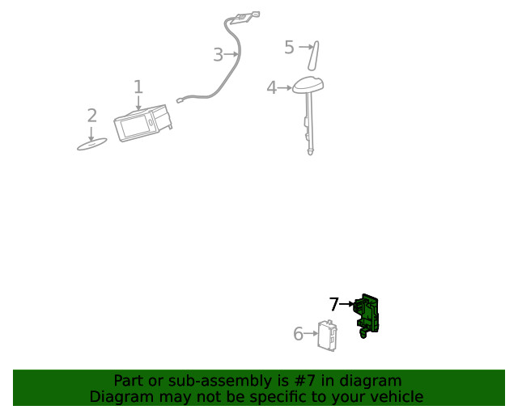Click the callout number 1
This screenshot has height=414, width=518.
click(x=138, y=87)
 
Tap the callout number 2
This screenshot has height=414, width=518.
click(x=91, y=116)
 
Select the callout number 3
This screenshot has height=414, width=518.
click(x=218, y=55)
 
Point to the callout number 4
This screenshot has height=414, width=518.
click(x=271, y=87)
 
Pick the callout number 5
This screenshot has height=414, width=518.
click(x=289, y=48)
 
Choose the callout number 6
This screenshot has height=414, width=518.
click(x=298, y=334)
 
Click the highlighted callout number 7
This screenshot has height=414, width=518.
click(x=333, y=305)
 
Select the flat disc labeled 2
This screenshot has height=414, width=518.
click(x=91, y=145)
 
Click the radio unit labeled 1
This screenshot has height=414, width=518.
click(x=142, y=124)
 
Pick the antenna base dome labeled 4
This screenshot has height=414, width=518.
click(x=308, y=84)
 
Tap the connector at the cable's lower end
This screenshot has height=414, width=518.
click(x=180, y=100)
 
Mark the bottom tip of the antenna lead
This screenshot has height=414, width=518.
click(x=311, y=151)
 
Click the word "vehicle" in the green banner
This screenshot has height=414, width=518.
click(x=397, y=397)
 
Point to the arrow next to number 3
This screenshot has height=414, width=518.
click(x=233, y=55)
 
